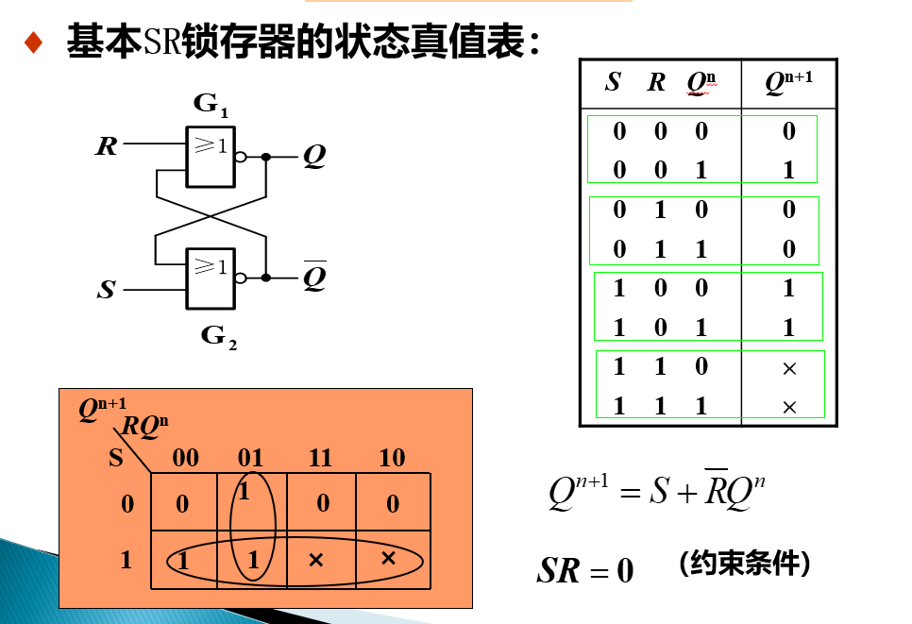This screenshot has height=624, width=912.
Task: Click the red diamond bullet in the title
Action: click(34, 43)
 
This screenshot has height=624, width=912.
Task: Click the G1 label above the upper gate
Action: click(211, 105)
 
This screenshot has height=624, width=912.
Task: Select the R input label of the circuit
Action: click(107, 147)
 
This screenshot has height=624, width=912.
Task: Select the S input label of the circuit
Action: click(107, 290)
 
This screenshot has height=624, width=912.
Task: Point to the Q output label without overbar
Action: click(313, 157)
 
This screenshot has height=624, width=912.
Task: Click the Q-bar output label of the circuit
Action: click(314, 278)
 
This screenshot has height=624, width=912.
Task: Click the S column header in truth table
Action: click(613, 83)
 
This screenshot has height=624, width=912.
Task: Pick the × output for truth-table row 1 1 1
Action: click(789, 407)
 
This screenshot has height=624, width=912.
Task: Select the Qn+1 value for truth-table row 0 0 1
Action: click(789, 171)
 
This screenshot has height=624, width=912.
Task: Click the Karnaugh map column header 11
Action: click(320, 459)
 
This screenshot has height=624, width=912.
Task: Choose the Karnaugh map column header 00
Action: click(186, 459)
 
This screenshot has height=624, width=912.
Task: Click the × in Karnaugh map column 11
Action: click(316, 561)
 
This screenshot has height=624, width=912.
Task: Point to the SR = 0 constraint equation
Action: click(585, 570)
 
